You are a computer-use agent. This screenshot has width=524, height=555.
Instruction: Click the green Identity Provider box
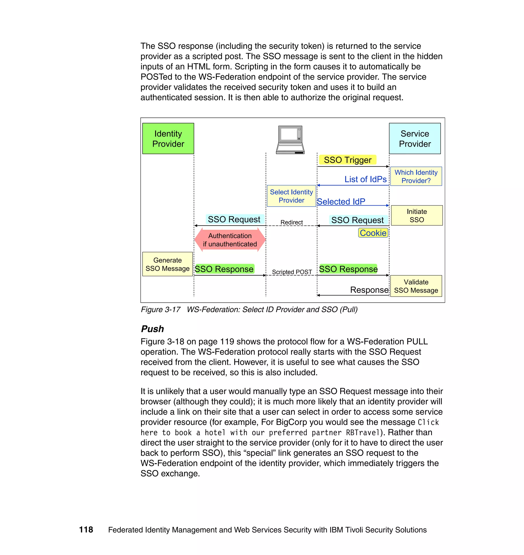click(168, 138)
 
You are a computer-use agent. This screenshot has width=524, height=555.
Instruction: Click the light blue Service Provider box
click(414, 138)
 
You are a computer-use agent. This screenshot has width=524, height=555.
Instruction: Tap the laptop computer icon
click(290, 140)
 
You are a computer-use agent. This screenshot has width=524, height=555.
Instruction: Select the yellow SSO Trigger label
click(347, 160)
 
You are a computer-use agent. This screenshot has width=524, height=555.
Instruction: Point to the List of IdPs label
click(365, 179)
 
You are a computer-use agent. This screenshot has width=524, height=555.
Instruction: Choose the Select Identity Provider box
click(291, 196)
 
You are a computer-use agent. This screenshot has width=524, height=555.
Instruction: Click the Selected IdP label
click(341, 201)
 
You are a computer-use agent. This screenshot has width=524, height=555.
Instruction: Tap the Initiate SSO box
click(417, 216)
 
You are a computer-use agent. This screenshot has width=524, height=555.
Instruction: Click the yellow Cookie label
click(373, 233)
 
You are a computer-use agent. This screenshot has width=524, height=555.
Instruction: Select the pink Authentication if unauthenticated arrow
click(230, 240)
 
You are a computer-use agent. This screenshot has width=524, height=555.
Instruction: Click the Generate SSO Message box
click(167, 264)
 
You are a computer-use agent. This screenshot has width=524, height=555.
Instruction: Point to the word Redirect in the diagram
click(291, 222)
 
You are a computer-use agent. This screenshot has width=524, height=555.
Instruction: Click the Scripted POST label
click(292, 272)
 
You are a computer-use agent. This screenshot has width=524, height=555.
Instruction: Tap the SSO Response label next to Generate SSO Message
click(224, 269)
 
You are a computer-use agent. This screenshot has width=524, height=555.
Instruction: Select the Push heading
click(152, 329)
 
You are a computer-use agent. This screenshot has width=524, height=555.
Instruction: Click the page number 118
click(86, 529)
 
